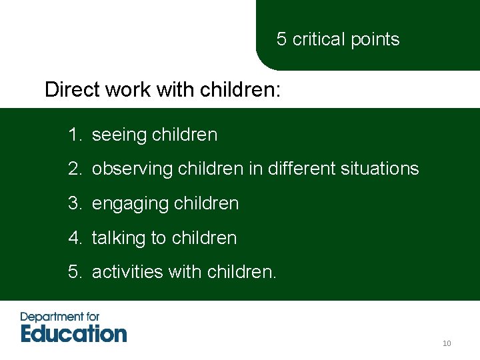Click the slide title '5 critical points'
point(338,39)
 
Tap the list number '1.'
point(74,135)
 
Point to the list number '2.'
point(74,169)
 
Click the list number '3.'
point(74,203)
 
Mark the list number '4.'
point(74,238)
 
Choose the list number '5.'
point(74,272)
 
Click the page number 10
point(447,343)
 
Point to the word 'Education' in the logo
point(73,333)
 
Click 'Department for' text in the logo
point(61,317)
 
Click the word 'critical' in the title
point(316,39)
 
